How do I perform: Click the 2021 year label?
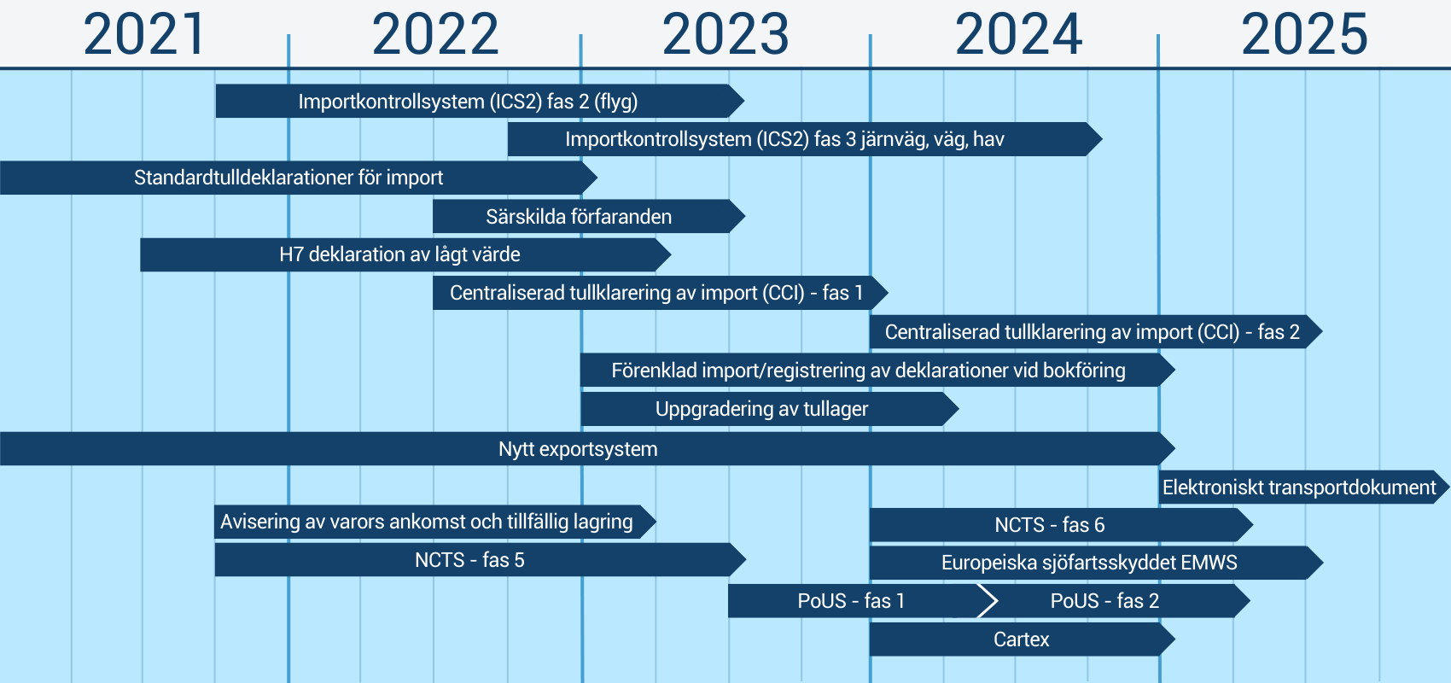(143, 34)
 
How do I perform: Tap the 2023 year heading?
(725, 34)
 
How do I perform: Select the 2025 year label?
(1304, 34)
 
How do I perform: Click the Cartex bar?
(1022, 639)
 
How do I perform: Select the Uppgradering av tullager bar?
(770, 409)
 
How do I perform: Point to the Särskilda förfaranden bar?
(589, 216)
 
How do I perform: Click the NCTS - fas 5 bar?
(480, 559)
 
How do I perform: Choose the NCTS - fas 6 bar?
(1061, 524)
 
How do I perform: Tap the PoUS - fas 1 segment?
(861, 601)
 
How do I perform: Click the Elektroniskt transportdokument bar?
(1303, 487)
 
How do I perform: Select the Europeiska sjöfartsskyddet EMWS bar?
(1096, 563)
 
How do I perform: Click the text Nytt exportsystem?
(578, 449)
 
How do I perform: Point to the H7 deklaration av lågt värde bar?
(405, 254)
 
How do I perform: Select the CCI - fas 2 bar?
(1096, 331)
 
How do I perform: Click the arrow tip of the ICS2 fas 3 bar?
(1102, 138)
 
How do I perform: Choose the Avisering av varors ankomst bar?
(435, 522)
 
